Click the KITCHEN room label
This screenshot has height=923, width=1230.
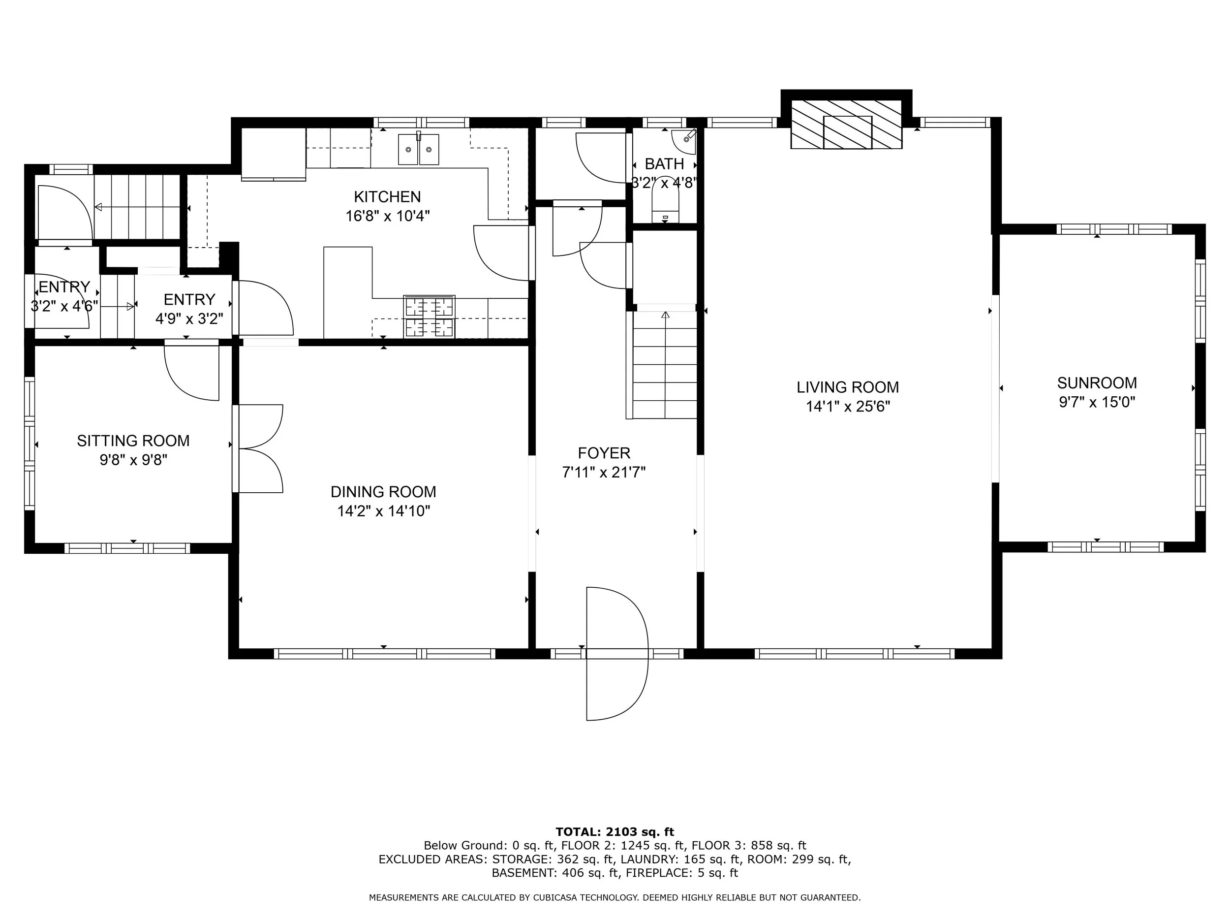387,196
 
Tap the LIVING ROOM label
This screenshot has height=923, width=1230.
847,387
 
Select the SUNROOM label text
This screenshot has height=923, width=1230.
1097,383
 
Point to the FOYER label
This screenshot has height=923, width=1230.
604,453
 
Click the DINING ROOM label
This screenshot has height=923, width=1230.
383,492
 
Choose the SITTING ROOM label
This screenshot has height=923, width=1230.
133,441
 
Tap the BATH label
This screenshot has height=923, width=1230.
665,164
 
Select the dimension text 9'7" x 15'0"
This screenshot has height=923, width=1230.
1097,402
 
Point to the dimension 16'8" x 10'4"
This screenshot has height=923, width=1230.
388,216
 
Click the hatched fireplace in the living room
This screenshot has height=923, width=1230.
846,125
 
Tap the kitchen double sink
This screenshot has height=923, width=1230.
418,149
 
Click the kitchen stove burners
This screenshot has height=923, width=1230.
430,316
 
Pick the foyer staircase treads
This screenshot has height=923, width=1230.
665,364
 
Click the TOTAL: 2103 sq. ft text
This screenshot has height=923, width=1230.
615,832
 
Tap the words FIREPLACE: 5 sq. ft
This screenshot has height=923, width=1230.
682,873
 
